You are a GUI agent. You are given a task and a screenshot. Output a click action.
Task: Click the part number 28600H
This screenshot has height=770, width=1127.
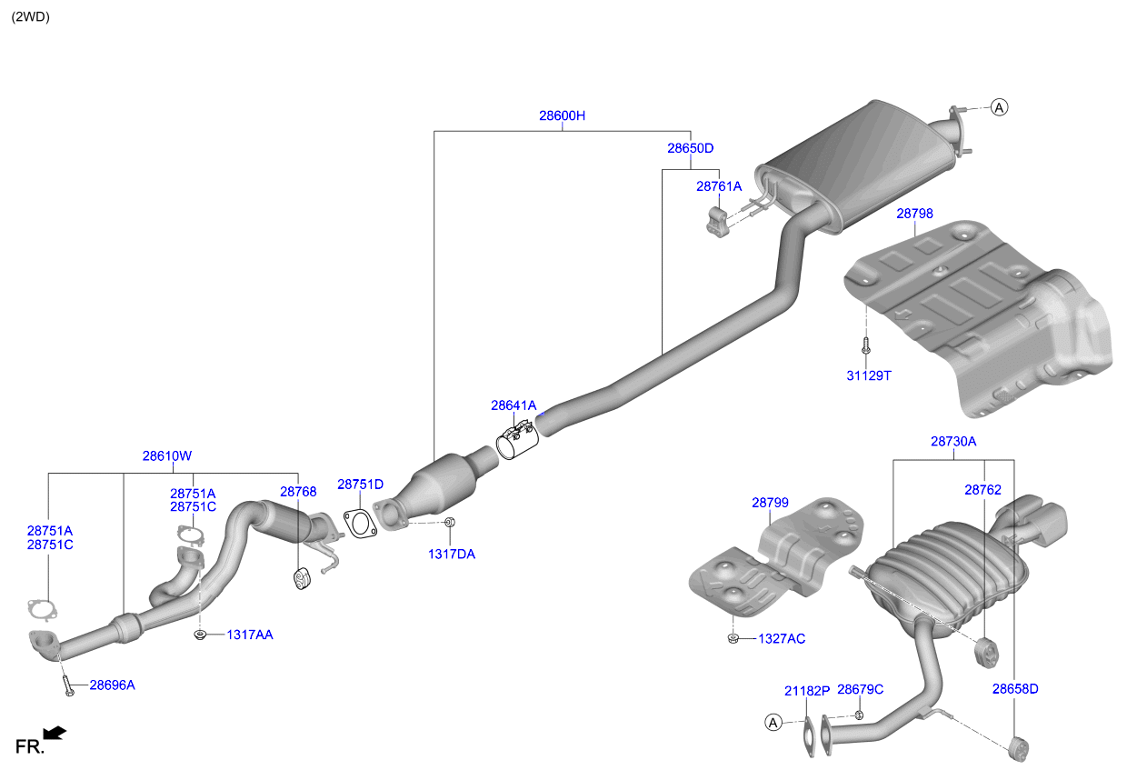point(562,115)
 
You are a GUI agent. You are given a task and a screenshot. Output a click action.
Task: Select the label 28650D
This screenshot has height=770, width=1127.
point(691,148)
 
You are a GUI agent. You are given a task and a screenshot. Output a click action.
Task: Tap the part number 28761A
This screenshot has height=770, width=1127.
point(719,186)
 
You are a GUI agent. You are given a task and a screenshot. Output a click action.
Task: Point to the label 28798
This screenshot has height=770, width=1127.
point(914,214)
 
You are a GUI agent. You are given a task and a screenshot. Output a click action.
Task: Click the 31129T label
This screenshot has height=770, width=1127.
point(869,376)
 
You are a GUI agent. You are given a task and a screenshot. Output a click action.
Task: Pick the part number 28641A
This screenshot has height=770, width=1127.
point(514,405)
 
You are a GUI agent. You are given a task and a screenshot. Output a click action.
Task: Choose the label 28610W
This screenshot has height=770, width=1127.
point(167,456)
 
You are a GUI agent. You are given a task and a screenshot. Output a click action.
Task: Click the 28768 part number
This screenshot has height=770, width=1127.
point(298,492)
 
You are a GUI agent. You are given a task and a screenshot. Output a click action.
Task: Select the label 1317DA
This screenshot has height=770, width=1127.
point(452,555)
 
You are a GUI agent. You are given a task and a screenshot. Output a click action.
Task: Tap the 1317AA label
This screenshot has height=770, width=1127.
point(250,635)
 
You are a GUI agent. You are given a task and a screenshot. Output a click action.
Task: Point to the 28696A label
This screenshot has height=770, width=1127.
point(112,685)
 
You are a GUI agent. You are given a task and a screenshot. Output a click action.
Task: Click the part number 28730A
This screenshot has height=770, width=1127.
point(953,442)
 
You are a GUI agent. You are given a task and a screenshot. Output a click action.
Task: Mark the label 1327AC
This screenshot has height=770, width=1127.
point(782,639)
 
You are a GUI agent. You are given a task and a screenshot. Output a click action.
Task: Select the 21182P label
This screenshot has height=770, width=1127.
point(807,692)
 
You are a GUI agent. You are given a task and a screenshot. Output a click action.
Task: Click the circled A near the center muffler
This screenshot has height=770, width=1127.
point(999,107)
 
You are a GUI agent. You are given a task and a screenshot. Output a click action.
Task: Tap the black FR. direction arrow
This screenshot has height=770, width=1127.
point(55,733)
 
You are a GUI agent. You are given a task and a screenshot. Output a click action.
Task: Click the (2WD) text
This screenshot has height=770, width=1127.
point(31,17)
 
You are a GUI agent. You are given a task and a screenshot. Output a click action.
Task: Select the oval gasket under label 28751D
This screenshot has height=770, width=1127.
point(360,524)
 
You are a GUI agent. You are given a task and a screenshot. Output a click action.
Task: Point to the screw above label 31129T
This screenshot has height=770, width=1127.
point(866,345)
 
